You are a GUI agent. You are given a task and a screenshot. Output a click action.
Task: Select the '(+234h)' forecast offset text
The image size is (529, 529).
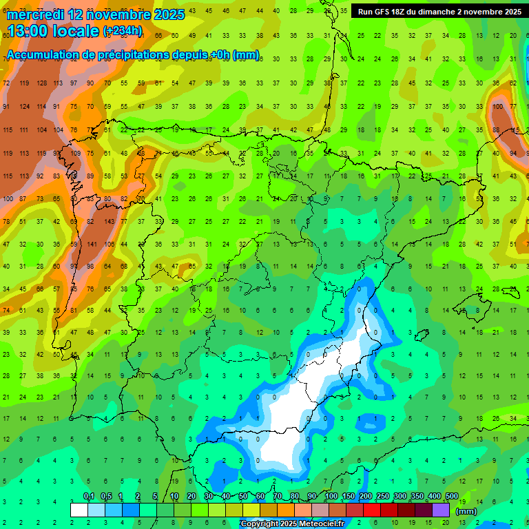[122, 30]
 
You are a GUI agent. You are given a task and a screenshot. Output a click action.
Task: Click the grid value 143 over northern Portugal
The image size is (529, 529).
[110, 222]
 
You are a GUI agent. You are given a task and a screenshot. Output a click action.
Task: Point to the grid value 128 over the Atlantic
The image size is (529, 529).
[42, 83]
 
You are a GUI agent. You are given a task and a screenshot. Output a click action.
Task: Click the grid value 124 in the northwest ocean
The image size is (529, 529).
[25, 106]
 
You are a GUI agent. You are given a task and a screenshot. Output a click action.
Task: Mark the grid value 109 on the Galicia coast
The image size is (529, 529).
[76, 153]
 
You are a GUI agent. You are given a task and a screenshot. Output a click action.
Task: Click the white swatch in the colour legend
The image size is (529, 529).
[79, 510]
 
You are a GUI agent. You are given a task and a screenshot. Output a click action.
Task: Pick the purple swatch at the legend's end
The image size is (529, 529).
[441, 510]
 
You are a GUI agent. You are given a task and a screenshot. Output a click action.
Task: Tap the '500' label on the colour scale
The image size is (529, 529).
[451, 497]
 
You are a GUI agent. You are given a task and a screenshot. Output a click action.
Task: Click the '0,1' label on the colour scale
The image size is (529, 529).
[89, 497]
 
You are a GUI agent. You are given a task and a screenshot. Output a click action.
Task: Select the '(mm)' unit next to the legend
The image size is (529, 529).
[466, 511]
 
